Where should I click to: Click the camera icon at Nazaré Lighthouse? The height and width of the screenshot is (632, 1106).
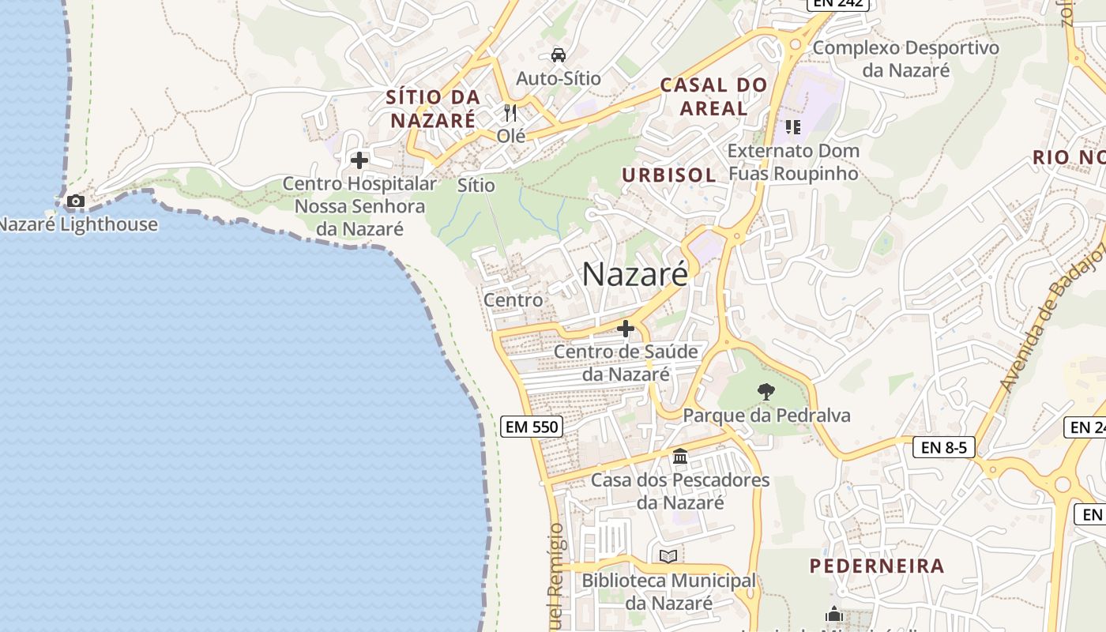pyautogui.click(x=76, y=201)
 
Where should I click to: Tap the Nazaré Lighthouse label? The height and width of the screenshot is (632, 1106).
pyautogui.click(x=77, y=224)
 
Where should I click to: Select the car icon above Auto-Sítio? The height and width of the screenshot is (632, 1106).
pyautogui.click(x=559, y=55)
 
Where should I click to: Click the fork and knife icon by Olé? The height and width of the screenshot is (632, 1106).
pyautogui.click(x=510, y=113)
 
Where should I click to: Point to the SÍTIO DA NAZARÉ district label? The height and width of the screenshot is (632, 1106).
pyautogui.click(x=433, y=109)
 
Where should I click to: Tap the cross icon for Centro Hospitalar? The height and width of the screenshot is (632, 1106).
pyautogui.click(x=359, y=160)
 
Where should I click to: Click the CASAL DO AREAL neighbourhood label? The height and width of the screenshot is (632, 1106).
pyautogui.click(x=713, y=96)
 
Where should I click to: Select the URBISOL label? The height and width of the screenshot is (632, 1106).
pyautogui.click(x=668, y=175)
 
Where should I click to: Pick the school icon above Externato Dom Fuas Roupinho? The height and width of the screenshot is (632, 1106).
pyautogui.click(x=792, y=127)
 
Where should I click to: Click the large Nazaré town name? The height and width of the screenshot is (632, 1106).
pyautogui.click(x=635, y=274)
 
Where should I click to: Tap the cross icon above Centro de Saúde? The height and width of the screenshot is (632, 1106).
pyautogui.click(x=626, y=329)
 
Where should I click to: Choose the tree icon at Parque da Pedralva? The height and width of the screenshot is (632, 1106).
pyautogui.click(x=766, y=391)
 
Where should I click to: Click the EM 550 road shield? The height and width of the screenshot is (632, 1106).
pyautogui.click(x=532, y=427)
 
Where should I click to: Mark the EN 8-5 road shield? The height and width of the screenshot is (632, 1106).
pyautogui.click(x=943, y=447)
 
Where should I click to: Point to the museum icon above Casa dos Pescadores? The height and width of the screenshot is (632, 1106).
pyautogui.click(x=680, y=457)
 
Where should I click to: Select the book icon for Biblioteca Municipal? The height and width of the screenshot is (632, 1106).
pyautogui.click(x=668, y=556)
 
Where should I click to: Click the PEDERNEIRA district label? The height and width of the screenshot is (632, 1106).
pyautogui.click(x=877, y=566)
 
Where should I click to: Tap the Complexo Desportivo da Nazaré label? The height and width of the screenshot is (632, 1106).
pyautogui.click(x=905, y=58)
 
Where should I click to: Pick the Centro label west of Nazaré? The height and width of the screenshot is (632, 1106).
pyautogui.click(x=513, y=300)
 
